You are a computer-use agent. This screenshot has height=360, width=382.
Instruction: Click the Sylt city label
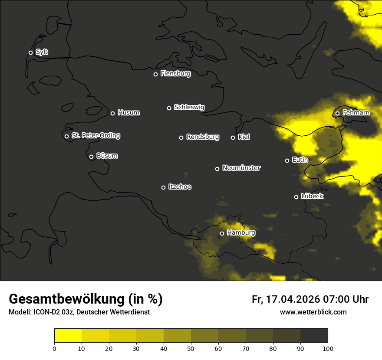coord(42,52)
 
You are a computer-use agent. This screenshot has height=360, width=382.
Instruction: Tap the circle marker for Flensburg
coord(155,74)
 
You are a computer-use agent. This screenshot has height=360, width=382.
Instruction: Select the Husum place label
coord(128,113)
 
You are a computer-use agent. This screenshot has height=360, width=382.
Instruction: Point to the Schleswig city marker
coord(169,108)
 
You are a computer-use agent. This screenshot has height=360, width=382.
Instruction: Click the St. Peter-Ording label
coord(95,136)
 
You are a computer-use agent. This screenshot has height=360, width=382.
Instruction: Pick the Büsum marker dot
coord(91,157)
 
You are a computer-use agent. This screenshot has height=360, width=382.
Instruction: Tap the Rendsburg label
coord(202,137)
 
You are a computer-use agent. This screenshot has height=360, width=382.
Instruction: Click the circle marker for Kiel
coord(233,137)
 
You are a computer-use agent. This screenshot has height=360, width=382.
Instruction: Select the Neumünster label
coord(241,168)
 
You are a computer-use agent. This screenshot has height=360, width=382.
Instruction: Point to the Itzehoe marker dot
coord(163,187)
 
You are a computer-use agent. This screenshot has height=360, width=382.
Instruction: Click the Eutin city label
coord(300,160)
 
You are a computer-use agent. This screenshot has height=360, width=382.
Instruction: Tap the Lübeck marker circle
coord(296,197)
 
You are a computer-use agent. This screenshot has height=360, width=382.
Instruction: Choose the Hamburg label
coord(241,233)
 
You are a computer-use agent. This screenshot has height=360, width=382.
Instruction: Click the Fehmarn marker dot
coord(337,114)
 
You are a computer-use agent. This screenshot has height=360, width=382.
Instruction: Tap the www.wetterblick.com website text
coord(313,312)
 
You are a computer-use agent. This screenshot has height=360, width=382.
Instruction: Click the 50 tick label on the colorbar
coord(191,348)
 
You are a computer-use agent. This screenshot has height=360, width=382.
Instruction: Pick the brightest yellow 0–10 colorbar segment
coord(68,336)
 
